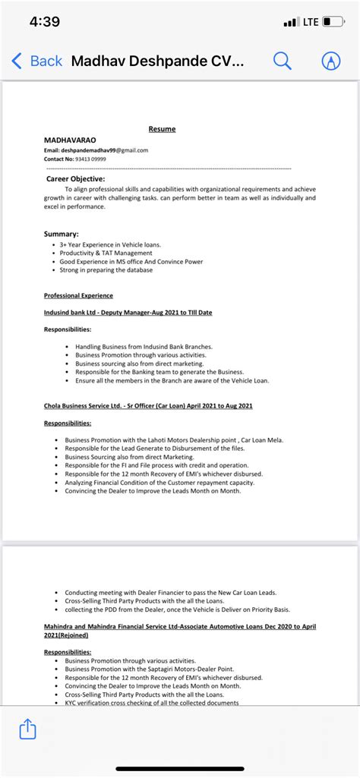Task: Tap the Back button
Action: pyautogui.click(x=36, y=61)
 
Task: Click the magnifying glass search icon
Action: pyautogui.click(x=282, y=61)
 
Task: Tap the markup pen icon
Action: pyautogui.click(x=331, y=61)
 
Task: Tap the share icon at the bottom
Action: pyautogui.click(x=27, y=729)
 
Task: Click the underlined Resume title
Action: pyautogui.click(x=162, y=129)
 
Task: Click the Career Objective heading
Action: pyautogui.click(x=76, y=178)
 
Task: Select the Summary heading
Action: pyautogui.click(x=61, y=234)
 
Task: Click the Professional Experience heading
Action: pyautogui.click(x=78, y=295)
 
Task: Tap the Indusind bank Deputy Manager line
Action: pyautogui.click(x=128, y=312)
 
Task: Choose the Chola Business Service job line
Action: pyautogui.click(x=148, y=406)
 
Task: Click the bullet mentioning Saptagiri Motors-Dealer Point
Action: pyautogui.click(x=152, y=669)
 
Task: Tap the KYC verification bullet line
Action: pyautogui.click(x=152, y=703)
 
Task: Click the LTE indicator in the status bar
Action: pyautogui.click(x=311, y=22)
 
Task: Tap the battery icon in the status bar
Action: pyautogui.click(x=333, y=22)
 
